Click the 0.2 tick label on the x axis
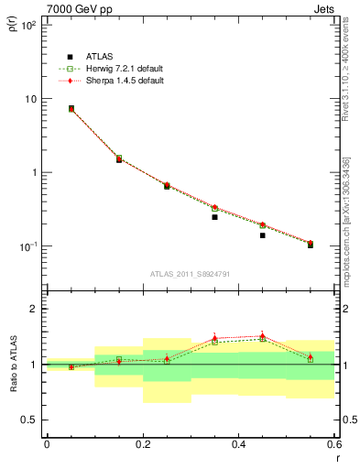coord(143,445)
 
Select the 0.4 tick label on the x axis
coord(238,445)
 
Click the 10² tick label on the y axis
coord(29,26)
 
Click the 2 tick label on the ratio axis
coord(35,309)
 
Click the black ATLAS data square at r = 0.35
coord(214,217)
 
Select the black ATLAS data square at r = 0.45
coord(262,235)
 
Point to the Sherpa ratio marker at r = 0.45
coord(262,335)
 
